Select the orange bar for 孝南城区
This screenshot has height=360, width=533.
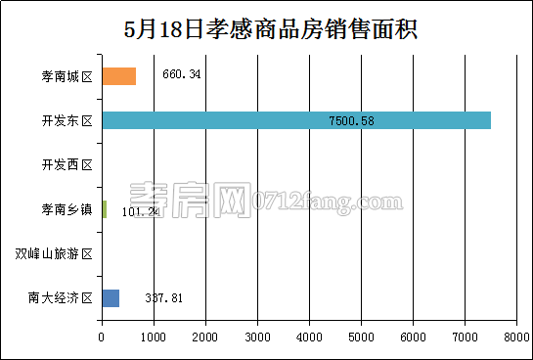point(118,76)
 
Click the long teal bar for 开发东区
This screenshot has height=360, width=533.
point(295,120)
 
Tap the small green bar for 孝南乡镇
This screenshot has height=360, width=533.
point(104,209)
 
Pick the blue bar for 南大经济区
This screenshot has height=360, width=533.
point(111,298)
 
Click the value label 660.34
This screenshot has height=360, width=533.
point(181,74)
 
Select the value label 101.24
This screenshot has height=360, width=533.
point(140,210)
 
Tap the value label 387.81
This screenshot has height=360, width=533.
point(163,298)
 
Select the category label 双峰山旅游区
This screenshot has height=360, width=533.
point(54,254)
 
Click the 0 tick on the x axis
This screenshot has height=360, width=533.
point(102,337)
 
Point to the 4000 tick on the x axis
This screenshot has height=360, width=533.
point(309,337)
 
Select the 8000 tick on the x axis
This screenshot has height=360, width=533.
point(515,337)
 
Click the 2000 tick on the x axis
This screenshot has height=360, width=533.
point(205,337)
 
